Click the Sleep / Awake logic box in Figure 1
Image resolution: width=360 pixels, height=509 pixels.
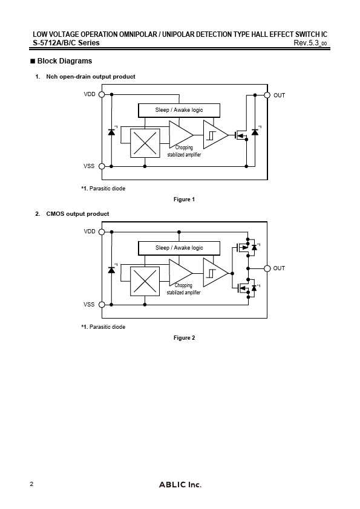coord(179,111)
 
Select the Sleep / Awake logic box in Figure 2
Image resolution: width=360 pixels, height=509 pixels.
coord(179,248)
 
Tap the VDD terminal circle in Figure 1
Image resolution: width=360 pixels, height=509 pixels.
coord(102,95)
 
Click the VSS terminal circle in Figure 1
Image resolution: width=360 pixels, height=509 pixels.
coord(102,166)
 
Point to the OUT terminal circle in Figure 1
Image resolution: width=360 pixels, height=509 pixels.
coord(267,95)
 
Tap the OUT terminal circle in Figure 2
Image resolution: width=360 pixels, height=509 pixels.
coord(267,268)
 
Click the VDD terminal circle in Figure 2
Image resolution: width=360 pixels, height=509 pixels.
coord(102,232)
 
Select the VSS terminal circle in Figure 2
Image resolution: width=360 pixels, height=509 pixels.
coord(102,305)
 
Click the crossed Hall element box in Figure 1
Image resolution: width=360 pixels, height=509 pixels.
coord(144,143)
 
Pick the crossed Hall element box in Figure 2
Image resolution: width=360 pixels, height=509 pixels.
coord(144,281)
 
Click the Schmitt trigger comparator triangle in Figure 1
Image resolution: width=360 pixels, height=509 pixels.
coord(215,135)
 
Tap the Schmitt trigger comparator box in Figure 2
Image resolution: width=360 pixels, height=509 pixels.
coord(215,273)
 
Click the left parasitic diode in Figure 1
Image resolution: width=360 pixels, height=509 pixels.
coord(111,132)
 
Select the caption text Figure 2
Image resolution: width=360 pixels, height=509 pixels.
coord(184,338)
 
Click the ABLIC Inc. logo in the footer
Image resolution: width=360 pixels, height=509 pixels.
coord(180,485)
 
